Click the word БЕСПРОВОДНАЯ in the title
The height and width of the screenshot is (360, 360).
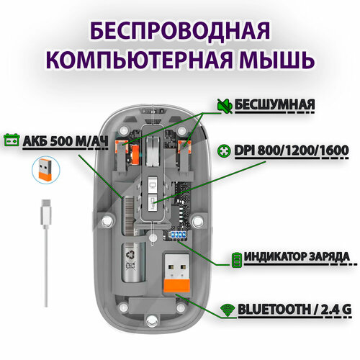click(179, 32)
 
